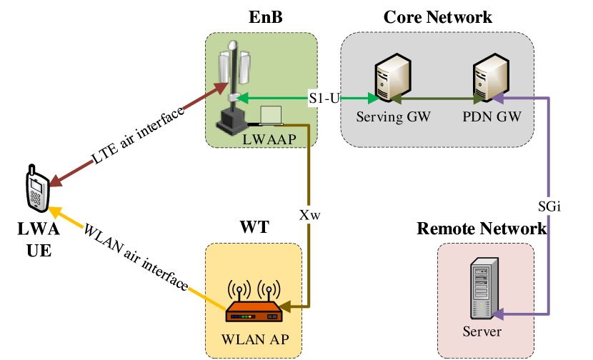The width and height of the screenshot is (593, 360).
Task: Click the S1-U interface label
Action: (x=324, y=98)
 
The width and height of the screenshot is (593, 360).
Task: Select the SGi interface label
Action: (x=548, y=206)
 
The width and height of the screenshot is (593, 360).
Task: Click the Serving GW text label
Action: (x=393, y=116)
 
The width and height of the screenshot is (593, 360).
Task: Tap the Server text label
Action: (x=482, y=332)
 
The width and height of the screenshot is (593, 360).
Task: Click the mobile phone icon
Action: (x=36, y=190)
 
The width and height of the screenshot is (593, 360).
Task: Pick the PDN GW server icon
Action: (x=489, y=79)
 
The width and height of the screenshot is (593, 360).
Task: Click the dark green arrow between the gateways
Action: (x=437, y=98)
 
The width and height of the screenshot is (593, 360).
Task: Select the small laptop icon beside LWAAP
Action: (x=271, y=114)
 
